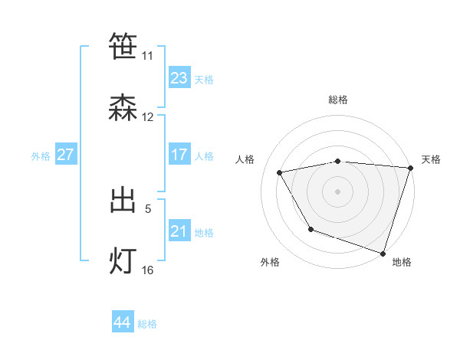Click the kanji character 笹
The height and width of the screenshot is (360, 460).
123,46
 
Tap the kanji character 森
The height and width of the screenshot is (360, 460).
123,108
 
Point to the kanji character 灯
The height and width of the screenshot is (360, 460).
123,261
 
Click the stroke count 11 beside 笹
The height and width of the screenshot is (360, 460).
147,56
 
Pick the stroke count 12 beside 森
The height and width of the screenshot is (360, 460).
147,117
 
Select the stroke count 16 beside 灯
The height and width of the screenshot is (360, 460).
147,270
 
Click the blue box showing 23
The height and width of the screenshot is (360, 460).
179,77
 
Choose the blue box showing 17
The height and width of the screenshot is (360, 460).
179,155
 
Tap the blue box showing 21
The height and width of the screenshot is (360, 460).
179,231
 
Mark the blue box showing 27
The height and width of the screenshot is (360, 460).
66,155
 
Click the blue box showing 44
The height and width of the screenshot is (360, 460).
123,322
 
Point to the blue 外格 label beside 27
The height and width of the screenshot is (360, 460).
41,155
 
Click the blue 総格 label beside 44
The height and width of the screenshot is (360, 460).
147,324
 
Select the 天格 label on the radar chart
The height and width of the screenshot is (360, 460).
431,159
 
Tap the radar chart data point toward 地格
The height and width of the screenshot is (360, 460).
383,253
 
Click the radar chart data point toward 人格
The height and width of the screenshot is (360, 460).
280,173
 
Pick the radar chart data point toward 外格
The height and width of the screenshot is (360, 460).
310,229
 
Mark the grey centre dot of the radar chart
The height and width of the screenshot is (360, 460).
337,191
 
